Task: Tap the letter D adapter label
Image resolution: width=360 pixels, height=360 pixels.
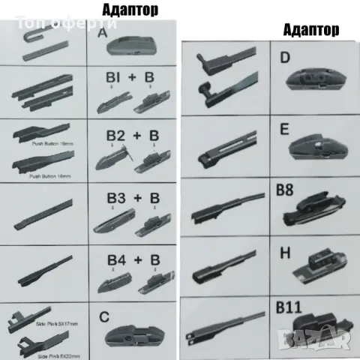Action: click(284, 58)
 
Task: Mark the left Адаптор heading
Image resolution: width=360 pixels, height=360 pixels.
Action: click(129, 11)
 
